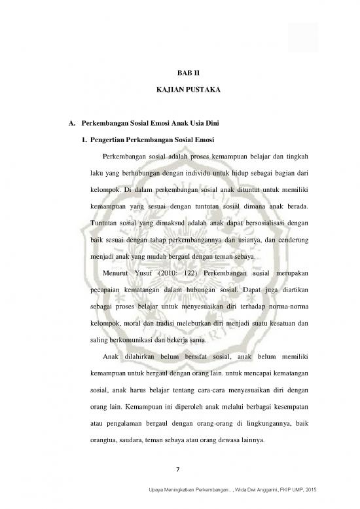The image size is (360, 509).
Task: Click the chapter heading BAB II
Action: [x=179, y=75]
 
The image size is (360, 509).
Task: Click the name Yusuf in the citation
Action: [x=144, y=272]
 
